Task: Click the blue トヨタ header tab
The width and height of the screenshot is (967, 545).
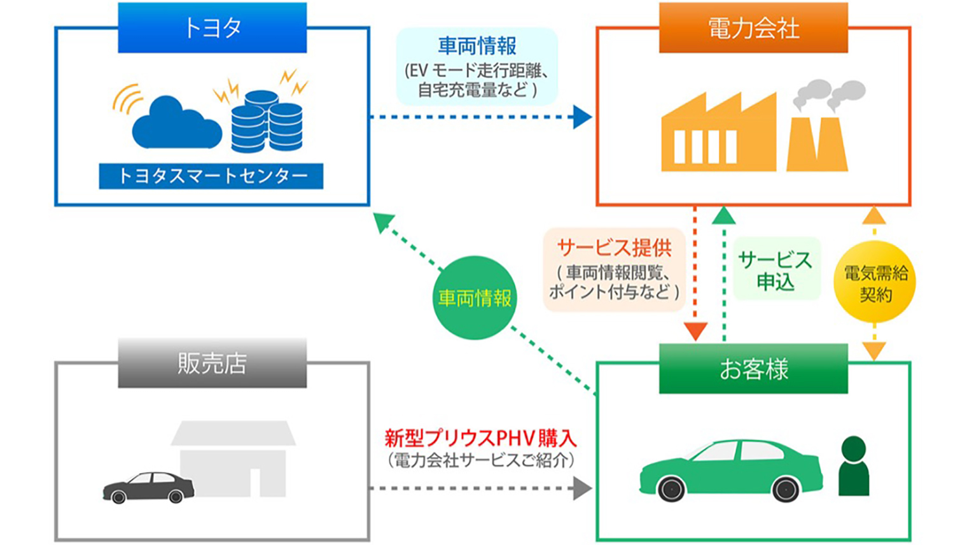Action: [x=212, y=28]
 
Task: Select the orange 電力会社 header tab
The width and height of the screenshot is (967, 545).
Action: [x=753, y=28]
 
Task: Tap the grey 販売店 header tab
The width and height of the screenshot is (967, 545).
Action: [x=212, y=364]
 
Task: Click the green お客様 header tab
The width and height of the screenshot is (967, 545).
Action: [x=753, y=369]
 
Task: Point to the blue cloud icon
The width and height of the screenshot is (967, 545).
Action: [x=174, y=124]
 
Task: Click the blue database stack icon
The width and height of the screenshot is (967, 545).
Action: [x=267, y=122]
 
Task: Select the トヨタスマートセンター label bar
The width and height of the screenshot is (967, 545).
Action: [x=211, y=176]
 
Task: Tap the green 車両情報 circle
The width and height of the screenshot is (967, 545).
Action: [x=475, y=297]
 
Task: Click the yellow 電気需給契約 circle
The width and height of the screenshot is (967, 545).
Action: [x=875, y=283]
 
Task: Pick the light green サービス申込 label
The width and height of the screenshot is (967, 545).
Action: [x=776, y=270]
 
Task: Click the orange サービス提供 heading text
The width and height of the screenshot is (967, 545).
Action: [x=614, y=248]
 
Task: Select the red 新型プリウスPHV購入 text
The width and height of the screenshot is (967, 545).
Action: [x=480, y=438]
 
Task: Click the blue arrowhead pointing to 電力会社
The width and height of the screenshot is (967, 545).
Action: [x=581, y=117]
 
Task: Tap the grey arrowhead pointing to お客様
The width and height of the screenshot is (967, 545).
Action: [x=581, y=488]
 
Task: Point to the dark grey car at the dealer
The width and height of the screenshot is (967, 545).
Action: [x=149, y=488]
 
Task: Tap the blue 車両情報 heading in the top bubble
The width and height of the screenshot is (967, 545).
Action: [x=477, y=46]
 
